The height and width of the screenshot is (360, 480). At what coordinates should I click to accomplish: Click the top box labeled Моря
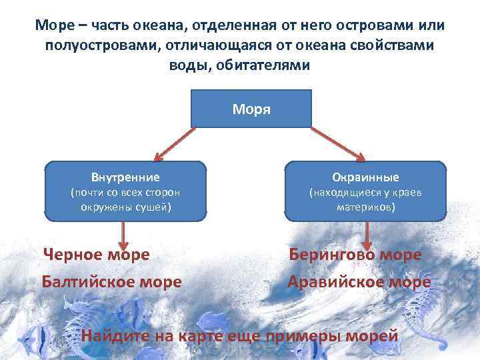[x=251, y=108]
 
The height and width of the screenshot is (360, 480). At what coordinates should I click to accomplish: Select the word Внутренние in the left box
[x=125, y=177]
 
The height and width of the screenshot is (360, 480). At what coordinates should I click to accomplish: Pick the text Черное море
[x=96, y=255]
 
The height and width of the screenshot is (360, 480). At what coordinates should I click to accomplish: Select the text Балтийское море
[x=111, y=282]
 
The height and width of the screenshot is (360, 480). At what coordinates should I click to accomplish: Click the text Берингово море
[x=355, y=255]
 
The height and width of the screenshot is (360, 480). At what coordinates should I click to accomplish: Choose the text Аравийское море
[x=359, y=282]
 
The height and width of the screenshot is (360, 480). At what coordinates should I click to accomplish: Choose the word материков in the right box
[x=365, y=207]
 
